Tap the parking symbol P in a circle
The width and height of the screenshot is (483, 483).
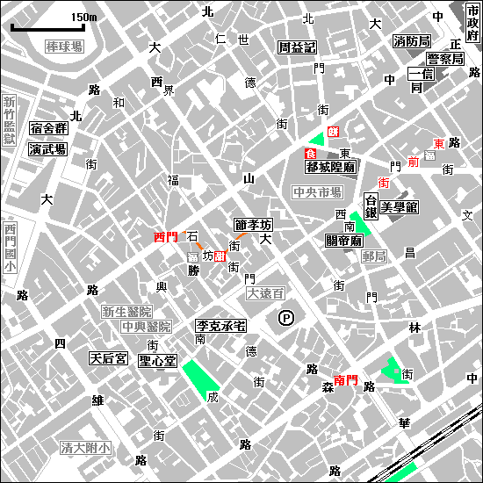tap(285, 318)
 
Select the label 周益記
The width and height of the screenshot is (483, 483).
tap(297, 47)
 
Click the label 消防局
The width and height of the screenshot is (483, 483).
tap(411, 41)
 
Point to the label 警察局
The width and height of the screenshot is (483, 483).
tap(444, 59)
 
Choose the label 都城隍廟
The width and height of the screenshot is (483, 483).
tap(329, 165)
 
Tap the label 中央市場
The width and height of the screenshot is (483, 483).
tap(317, 191)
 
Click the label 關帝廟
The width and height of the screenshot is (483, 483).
tap(344, 240)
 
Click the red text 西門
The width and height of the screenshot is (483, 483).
tap(165, 237)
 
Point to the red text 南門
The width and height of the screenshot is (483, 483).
tap(346, 380)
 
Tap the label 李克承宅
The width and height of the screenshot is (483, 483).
tap(220, 325)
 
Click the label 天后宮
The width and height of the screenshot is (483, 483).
tap(109, 358)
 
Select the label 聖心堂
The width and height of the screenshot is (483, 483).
tap(158, 361)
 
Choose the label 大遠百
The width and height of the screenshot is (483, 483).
tap(265, 292)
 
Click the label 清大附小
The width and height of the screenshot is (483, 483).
tap(85, 448)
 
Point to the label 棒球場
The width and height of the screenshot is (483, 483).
tap(64, 46)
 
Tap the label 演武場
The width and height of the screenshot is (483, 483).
tap(47, 149)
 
